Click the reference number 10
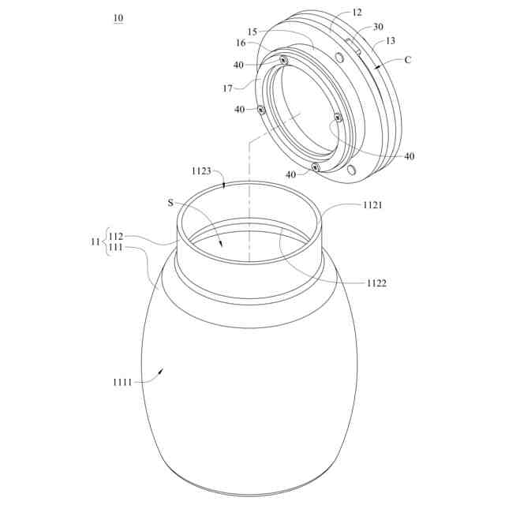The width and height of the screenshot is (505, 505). (x=118, y=18)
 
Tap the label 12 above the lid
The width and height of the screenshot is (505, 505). (x=357, y=13)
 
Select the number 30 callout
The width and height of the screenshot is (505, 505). (x=378, y=26)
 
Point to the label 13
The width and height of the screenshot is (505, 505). (x=390, y=41)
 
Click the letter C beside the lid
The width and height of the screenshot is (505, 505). (x=407, y=60)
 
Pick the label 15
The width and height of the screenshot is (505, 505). (x=252, y=32)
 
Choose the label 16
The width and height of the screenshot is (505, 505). (x=241, y=43)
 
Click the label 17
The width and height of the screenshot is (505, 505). (x=228, y=88)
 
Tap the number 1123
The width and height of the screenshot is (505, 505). (x=201, y=171)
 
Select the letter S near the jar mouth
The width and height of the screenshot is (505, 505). (x=170, y=203)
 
